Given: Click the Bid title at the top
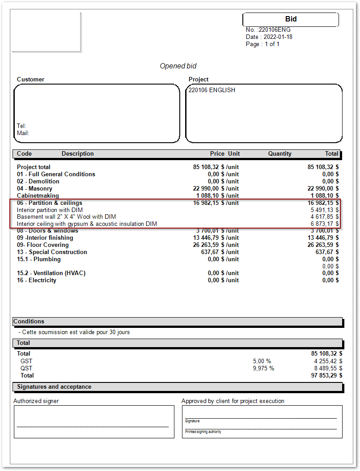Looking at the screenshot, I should pyautogui.click(x=291, y=19).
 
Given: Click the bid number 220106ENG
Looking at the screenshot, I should pyautogui.click(x=275, y=30).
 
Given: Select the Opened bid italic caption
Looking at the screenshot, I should pyautogui.click(x=178, y=66).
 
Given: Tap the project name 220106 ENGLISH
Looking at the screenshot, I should pyautogui.click(x=212, y=90).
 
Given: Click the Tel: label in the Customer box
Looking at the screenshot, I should pyautogui.click(x=21, y=126).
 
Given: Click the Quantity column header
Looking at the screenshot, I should pyautogui.click(x=280, y=154).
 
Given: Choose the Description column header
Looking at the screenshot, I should pyautogui.click(x=77, y=154).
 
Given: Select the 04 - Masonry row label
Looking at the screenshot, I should pyautogui.click(x=34, y=189).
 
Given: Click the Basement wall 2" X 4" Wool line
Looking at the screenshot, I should pyautogui.click(x=66, y=217).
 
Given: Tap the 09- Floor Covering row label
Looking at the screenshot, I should pyautogui.click(x=43, y=245).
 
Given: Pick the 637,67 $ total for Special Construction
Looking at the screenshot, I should pyautogui.click(x=325, y=252).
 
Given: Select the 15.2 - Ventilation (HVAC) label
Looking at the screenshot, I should pyautogui.click(x=51, y=273).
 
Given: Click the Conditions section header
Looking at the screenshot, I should pyautogui.click(x=29, y=322).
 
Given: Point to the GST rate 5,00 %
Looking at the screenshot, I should pyautogui.click(x=262, y=361).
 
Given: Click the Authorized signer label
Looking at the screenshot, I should pyautogui.click(x=36, y=401).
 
